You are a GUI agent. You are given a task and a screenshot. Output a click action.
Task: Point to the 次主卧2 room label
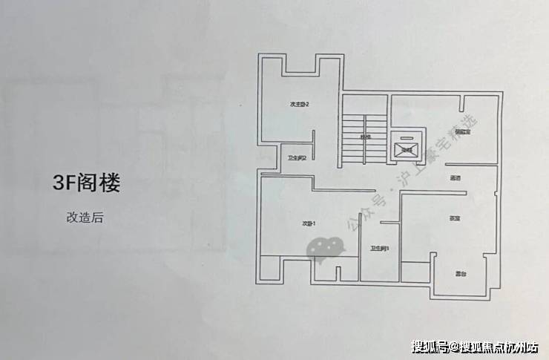[x=299, y=105]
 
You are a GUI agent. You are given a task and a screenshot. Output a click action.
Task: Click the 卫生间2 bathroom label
[x=297, y=157]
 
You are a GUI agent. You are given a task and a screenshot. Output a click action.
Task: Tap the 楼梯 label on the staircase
[x=365, y=137]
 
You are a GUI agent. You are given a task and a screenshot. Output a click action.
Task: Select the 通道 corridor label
[x=456, y=179]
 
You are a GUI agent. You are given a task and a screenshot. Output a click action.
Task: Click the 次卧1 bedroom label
[x=309, y=223]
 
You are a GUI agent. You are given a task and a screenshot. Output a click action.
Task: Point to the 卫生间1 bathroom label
[x=380, y=249]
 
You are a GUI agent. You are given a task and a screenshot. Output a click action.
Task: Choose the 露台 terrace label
[x=460, y=274]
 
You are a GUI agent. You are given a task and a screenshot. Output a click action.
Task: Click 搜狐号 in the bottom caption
[x=430, y=346]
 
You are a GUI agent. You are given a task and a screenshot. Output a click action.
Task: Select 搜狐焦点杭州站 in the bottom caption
[x=499, y=346]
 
